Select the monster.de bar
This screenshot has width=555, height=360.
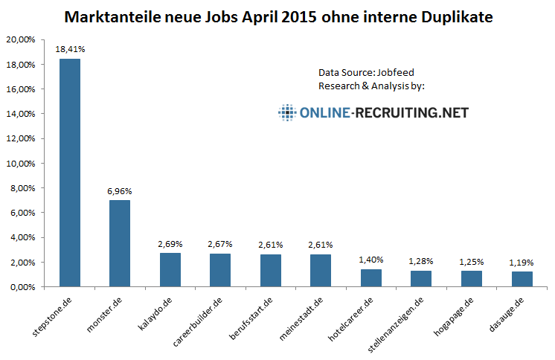120,243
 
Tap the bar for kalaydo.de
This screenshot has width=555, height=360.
170,269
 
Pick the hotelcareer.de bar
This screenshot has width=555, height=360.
371,277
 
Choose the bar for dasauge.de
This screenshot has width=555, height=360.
522,279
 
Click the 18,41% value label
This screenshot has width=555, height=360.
69,49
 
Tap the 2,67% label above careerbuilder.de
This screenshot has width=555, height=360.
220,244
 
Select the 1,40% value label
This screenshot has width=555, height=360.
371,260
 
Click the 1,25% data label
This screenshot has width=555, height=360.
472,262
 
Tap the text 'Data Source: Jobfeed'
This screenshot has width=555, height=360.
366,72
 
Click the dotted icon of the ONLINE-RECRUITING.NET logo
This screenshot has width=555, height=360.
286,113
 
